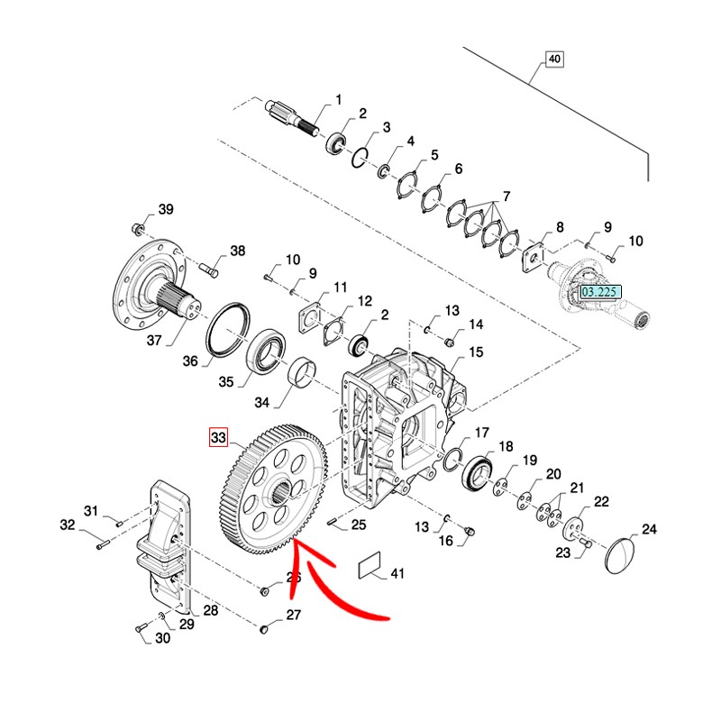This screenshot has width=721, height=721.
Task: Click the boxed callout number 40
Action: click(553, 60)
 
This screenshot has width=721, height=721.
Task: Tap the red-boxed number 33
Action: click(218, 439)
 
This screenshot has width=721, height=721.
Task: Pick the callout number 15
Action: click(476, 351)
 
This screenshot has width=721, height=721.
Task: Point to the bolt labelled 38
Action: click(206, 267)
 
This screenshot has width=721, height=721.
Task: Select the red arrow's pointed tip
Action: click(297, 543)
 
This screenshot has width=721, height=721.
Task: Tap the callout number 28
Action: click(209, 611)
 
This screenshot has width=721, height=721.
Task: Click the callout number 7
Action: click(506, 196)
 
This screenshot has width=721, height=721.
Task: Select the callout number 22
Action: click(601, 502)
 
